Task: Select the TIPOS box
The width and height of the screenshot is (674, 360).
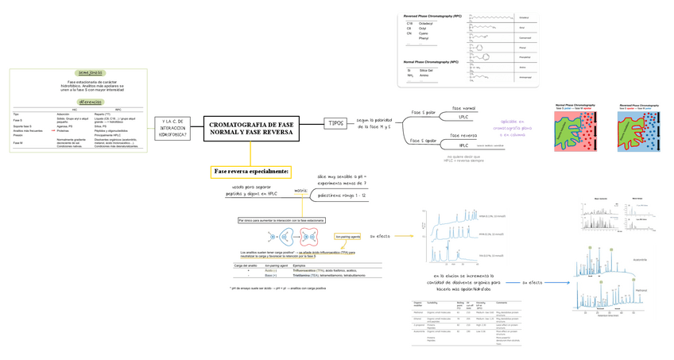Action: (x=335, y=123)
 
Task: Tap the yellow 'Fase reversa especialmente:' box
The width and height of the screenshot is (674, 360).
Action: (x=250, y=172)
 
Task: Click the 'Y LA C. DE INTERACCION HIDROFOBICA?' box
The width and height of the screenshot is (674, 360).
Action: (x=172, y=129)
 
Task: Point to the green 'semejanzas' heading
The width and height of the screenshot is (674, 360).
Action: (x=91, y=72)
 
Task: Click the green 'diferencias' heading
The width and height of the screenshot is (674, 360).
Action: (x=90, y=102)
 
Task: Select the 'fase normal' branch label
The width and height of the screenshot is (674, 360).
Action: (x=463, y=108)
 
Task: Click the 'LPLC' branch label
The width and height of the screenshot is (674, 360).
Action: (x=463, y=118)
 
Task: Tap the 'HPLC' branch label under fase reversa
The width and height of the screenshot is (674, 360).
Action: (x=463, y=146)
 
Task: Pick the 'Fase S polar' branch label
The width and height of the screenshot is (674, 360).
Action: (x=424, y=113)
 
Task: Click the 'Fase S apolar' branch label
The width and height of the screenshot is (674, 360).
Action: (x=424, y=141)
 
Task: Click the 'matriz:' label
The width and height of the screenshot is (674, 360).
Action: (x=300, y=191)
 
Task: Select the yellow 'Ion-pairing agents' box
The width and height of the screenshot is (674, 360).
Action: (x=349, y=236)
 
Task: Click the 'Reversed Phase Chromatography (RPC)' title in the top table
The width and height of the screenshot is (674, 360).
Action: (x=432, y=16)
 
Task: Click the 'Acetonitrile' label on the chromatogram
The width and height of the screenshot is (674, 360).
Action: (x=638, y=258)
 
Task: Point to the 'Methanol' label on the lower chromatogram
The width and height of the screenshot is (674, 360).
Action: (x=641, y=291)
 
